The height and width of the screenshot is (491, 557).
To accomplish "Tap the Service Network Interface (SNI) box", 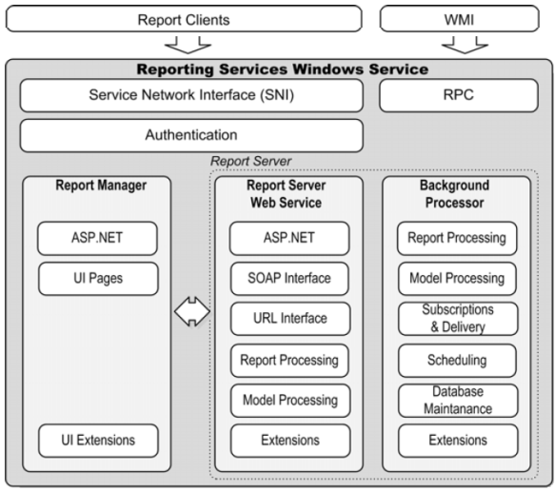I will (190, 95).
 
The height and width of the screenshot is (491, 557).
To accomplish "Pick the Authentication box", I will (190, 135).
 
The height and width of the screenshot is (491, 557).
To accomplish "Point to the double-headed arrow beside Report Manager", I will (191, 312).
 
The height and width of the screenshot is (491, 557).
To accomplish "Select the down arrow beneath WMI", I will (464, 44).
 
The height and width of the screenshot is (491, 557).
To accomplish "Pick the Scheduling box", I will (457, 360).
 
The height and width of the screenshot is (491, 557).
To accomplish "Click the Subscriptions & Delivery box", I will (457, 319).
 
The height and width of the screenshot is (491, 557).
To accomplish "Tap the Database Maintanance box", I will (457, 400).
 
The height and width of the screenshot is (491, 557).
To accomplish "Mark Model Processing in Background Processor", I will (457, 278).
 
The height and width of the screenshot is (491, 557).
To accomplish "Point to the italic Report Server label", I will (250, 161).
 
